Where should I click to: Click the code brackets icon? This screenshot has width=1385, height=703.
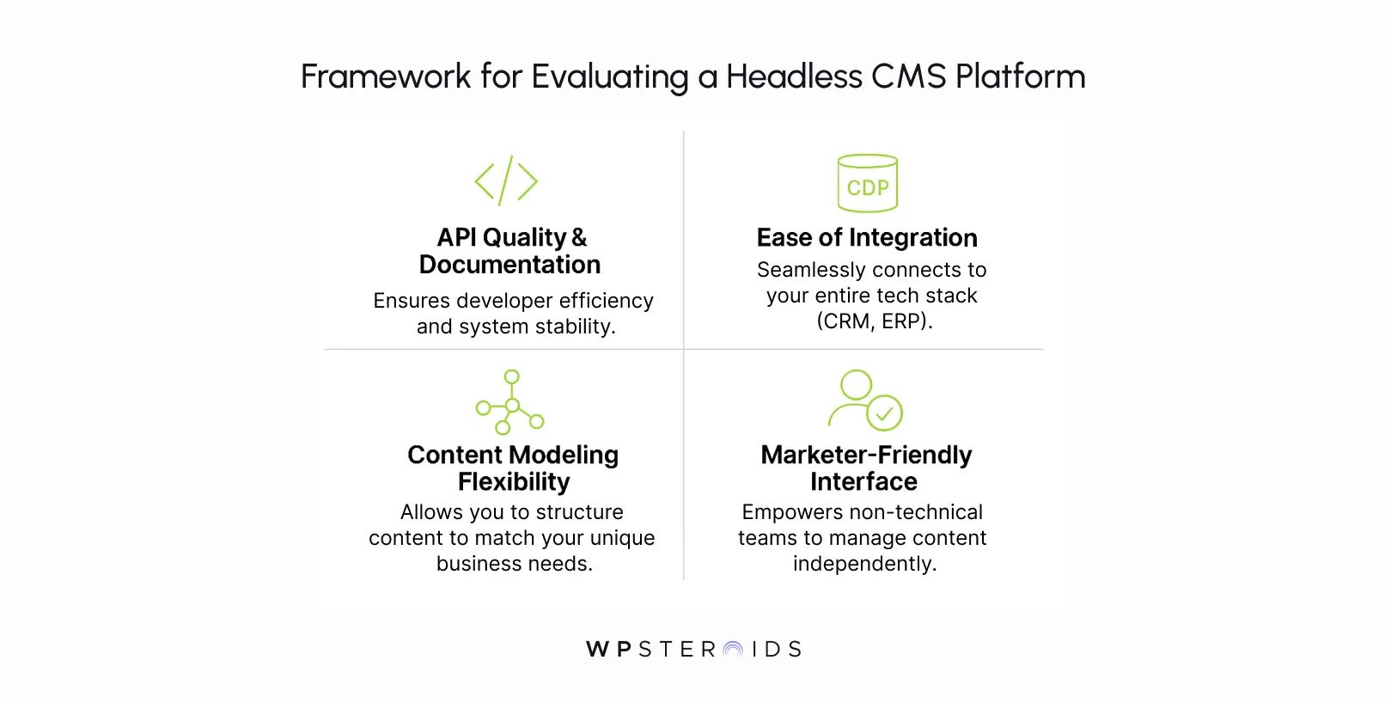click(506, 180)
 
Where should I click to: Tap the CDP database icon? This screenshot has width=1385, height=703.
click(868, 183)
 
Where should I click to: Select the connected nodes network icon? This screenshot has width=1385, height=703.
click(510, 402)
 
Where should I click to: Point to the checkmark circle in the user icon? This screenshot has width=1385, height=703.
click(884, 413)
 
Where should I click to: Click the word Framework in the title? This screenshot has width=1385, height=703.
click(386, 76)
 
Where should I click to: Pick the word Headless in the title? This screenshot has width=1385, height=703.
click(794, 76)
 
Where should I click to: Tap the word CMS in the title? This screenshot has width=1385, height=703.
click(908, 76)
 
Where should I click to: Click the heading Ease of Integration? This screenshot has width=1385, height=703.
click(867, 237)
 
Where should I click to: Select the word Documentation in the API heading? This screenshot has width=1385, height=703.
click(509, 265)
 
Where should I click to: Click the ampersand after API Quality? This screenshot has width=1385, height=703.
click(579, 237)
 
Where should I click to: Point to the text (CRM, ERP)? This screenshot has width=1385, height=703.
click(875, 321)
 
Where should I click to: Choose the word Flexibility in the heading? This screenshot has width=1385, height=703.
click(514, 481)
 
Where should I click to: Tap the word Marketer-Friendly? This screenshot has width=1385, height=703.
click(866, 455)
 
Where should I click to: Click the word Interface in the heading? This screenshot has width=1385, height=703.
click(863, 481)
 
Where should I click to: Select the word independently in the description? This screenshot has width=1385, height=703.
click(864, 563)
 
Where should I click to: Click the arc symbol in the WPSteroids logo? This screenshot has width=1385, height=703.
click(733, 649)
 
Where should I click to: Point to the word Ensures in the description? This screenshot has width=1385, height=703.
click(412, 301)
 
